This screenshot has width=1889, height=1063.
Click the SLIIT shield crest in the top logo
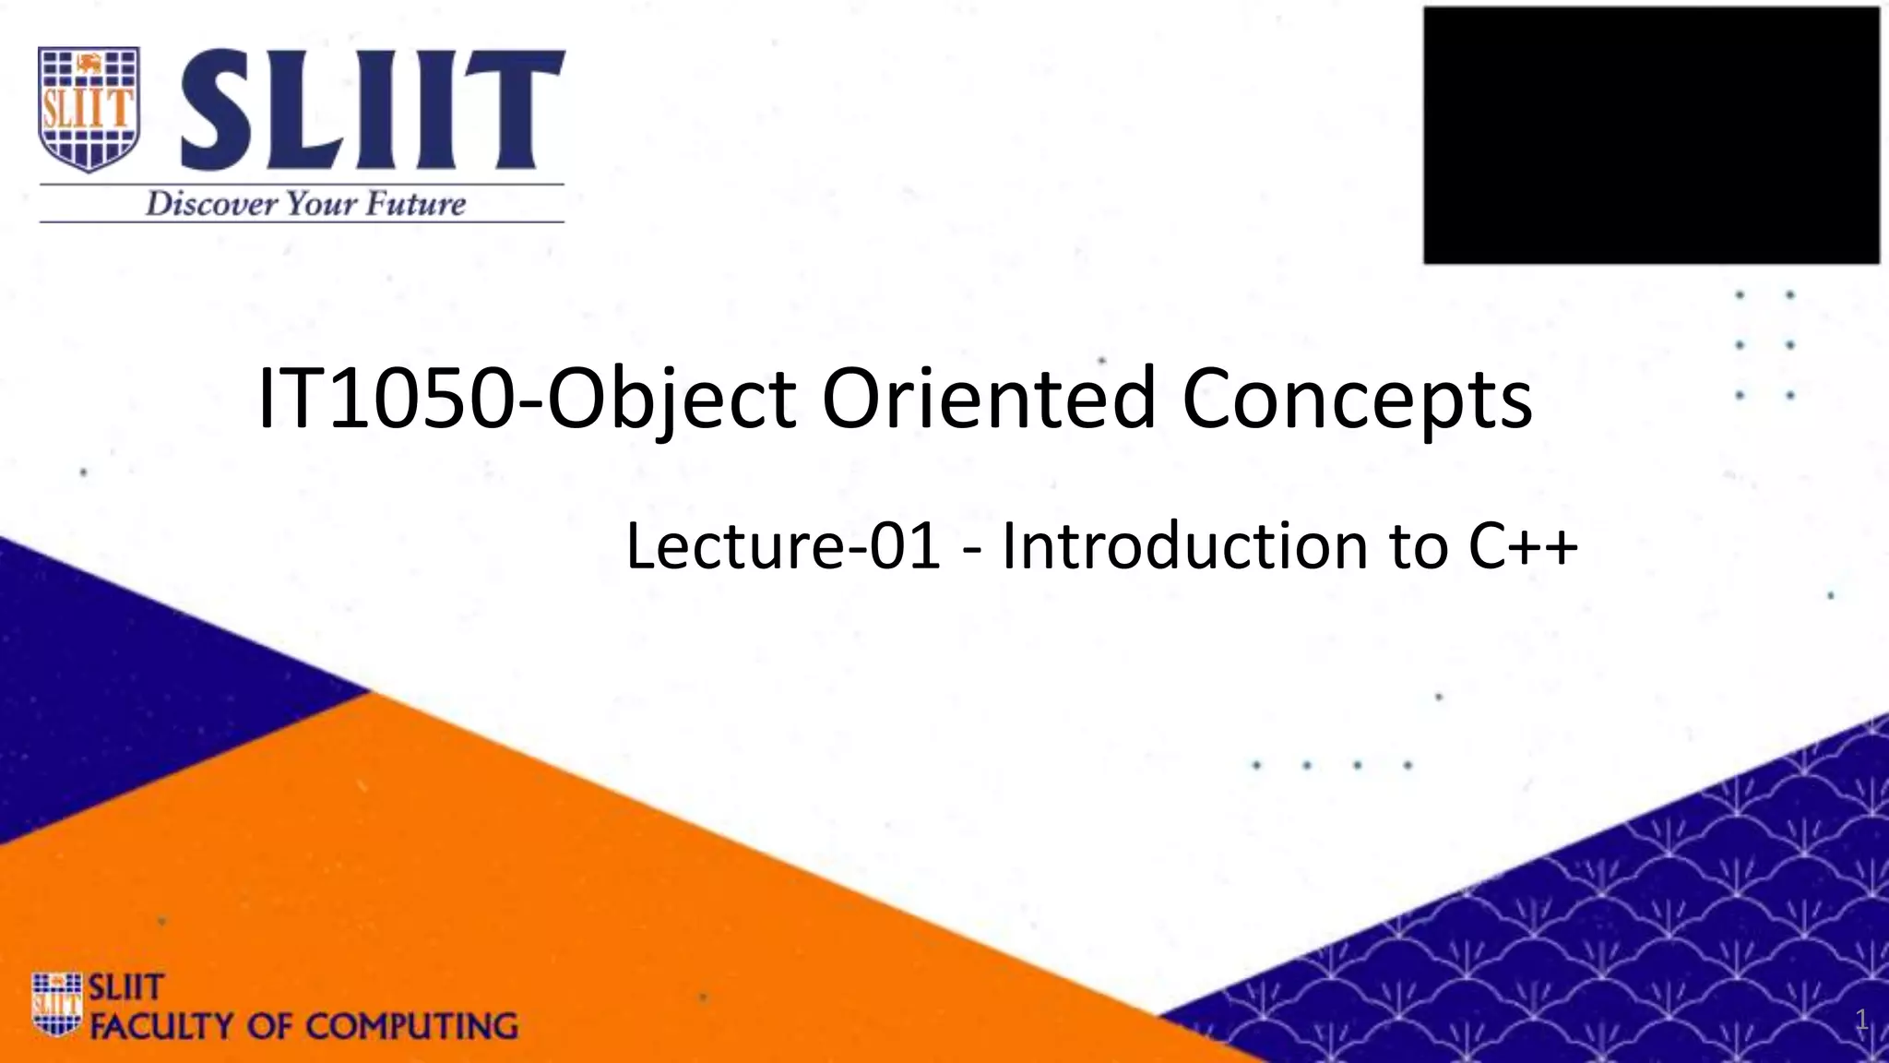89,109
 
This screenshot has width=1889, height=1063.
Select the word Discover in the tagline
210,203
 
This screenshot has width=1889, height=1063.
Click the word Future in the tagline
415,203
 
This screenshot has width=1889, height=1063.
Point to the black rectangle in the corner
1651,135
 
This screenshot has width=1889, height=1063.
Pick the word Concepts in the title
1357,400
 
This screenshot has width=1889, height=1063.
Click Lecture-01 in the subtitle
783,545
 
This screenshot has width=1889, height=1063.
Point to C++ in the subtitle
1523,545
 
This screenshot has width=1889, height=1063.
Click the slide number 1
1861,1020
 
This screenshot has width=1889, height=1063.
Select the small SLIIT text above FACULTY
125,987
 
